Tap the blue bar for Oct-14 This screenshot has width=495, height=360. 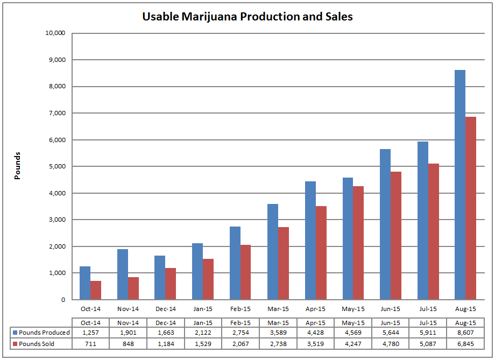point(85,283)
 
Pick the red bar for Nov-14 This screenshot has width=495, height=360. point(133,288)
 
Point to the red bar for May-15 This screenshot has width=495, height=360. point(358,243)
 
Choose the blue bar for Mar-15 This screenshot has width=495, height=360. point(273,252)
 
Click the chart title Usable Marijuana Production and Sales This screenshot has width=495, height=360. point(247,17)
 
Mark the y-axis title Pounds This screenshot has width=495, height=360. point(17,166)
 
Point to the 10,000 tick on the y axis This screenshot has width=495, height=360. point(55,33)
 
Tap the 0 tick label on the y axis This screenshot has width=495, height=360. point(63,300)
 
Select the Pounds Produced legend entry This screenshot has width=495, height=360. point(41,333)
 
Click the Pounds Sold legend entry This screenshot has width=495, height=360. point(37,344)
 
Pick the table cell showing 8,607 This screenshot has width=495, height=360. point(465,333)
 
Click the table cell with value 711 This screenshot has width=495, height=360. point(90,344)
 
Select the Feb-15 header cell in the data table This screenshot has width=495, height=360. point(241,322)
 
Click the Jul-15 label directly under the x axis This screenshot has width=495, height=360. point(428,309)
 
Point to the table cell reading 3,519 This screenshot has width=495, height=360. point(315,344)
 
